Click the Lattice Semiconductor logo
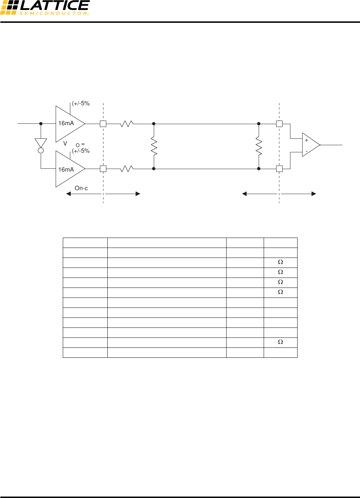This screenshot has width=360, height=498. click(x=45, y=8)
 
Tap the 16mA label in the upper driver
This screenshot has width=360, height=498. click(x=66, y=123)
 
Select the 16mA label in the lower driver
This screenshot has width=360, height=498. click(x=66, y=170)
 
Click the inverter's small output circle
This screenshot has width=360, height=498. click(x=41, y=151)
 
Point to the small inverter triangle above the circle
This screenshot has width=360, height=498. click(x=41, y=143)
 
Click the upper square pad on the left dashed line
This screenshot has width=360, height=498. click(x=103, y=124)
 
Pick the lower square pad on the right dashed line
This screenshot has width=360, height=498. click(x=279, y=169)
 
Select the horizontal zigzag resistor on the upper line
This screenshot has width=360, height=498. click(x=127, y=124)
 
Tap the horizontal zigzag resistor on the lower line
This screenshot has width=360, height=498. click(x=127, y=169)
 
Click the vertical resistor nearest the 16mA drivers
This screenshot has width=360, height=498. click(x=154, y=146)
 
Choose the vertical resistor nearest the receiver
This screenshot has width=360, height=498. click(x=259, y=146)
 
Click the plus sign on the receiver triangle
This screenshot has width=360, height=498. click(x=306, y=141)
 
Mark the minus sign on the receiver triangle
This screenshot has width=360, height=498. click(x=306, y=151)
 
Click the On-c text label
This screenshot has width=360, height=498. click(x=81, y=188)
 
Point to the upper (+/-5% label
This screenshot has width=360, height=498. click(x=81, y=103)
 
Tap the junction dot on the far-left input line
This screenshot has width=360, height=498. click(x=41, y=124)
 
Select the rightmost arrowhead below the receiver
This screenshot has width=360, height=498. click(x=314, y=194)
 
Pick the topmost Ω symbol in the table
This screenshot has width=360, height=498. click(x=280, y=262)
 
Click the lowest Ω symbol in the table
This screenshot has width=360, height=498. click(x=280, y=342)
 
